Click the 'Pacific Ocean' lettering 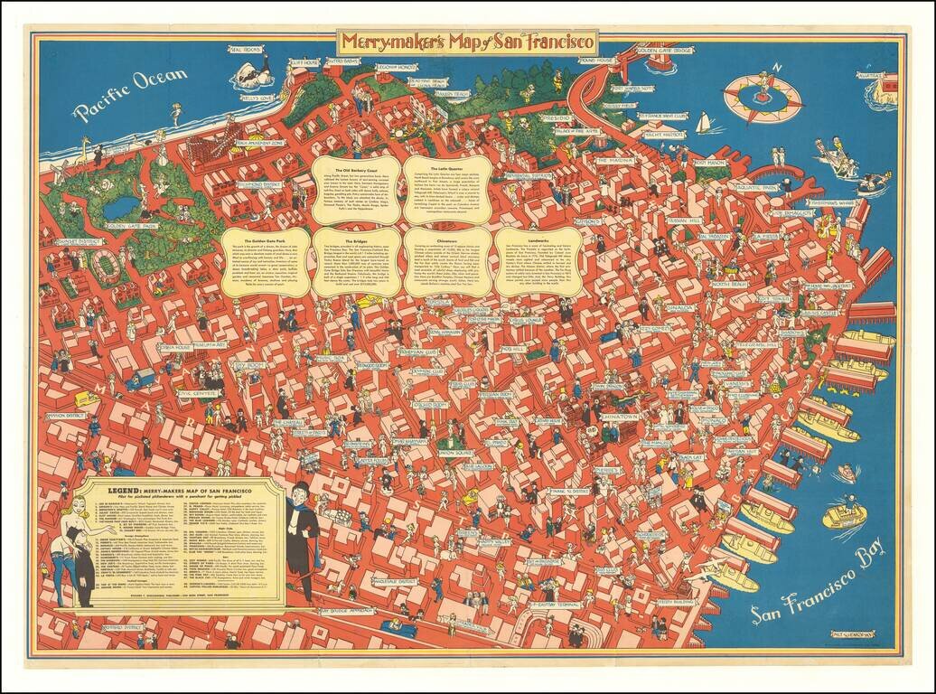[x=130, y=94]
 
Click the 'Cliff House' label [x=304, y=63]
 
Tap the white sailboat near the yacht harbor [x=702, y=122]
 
